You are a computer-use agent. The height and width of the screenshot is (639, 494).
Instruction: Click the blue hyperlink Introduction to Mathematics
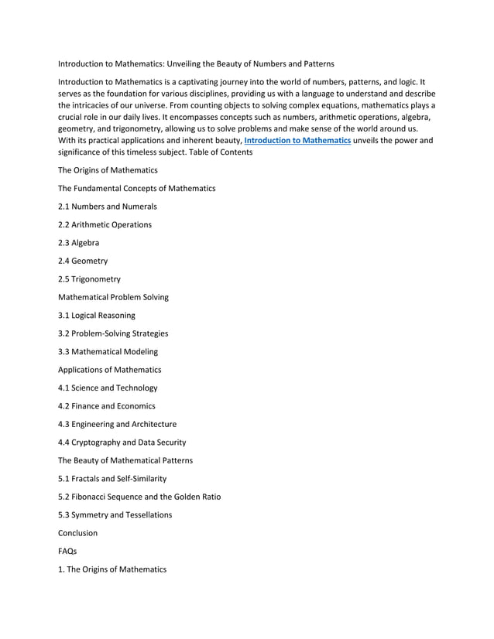pos(297,141)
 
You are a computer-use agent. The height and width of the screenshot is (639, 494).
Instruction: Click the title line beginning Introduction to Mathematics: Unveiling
pos(197,63)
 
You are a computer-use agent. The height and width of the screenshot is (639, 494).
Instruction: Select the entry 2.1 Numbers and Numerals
pos(108,207)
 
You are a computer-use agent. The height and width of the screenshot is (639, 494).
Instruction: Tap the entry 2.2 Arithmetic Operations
pos(105,225)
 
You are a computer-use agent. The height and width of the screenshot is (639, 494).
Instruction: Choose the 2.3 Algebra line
pos(78,243)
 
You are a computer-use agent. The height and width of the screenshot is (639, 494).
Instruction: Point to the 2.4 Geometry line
pos(83,261)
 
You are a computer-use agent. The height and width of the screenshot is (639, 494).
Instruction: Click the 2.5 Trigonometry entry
pos(89,279)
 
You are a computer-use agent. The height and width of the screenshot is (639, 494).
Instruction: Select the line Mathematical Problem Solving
pos(113,297)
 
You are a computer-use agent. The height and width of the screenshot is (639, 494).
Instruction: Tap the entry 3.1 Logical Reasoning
pos(97,316)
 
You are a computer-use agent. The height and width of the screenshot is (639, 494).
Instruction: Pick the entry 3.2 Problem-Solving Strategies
pos(113,333)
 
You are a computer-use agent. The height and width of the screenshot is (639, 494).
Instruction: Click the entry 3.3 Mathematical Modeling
pos(108,352)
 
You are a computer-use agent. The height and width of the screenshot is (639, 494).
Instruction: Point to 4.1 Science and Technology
pos(108,388)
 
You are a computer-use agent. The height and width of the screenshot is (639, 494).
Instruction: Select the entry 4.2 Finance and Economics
pos(107,406)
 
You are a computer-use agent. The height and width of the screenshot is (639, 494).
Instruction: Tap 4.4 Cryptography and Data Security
pos(122,443)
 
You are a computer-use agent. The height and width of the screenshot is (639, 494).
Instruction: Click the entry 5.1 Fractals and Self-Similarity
pos(112,479)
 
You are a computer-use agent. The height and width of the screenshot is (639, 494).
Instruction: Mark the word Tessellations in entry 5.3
pos(147,515)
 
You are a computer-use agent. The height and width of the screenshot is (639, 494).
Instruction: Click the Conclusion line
pos(78,533)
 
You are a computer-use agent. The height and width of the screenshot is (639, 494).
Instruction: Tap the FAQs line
pos(67,552)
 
